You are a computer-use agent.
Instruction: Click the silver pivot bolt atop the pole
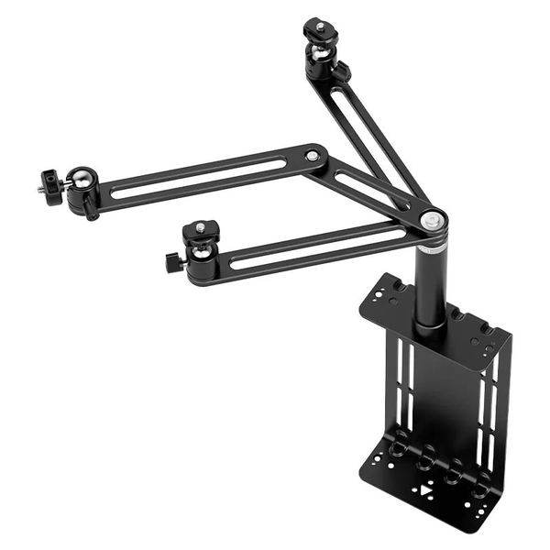coord(432,219)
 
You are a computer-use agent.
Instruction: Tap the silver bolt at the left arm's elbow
coord(313,157)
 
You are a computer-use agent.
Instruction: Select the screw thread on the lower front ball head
coord(194,225)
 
